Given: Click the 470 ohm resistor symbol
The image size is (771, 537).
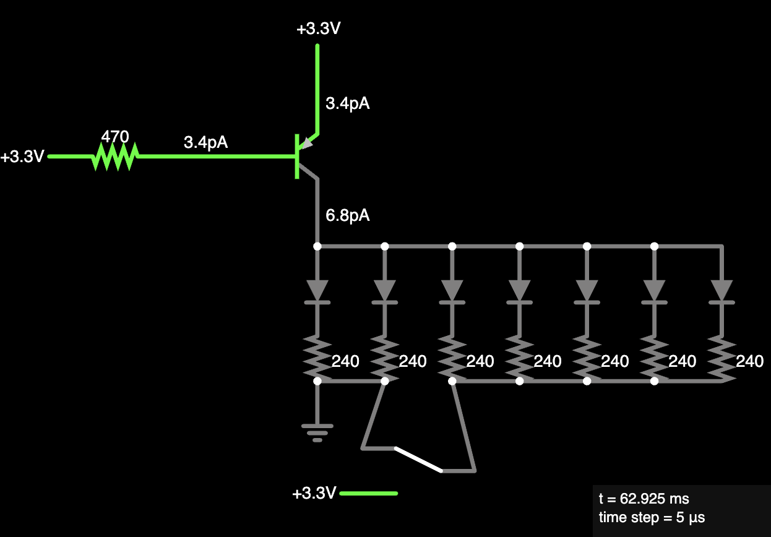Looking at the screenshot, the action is tap(115, 157).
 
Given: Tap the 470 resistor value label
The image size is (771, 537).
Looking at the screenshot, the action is tap(115, 137).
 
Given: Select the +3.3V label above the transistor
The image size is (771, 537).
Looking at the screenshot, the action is tap(319, 28).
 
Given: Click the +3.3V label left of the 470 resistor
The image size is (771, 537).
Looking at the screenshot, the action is tap(22, 157).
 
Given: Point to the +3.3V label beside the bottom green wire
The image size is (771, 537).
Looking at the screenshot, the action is tap(314, 493).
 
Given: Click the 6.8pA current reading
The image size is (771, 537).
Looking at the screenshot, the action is tap(347, 215).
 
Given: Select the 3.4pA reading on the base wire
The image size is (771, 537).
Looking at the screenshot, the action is tap(205, 142).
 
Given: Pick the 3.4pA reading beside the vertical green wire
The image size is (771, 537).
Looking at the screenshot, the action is tap(347, 103).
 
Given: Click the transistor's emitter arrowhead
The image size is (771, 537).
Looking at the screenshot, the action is tap(306, 144).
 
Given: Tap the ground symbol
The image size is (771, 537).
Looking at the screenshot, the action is tap(317, 433).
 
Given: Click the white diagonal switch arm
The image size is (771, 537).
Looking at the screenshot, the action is tap(418, 460).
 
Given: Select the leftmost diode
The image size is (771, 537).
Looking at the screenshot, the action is tap(317, 292).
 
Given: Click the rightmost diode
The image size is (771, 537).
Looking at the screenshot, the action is tap(721, 292).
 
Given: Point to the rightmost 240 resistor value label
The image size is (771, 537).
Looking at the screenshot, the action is tap(750, 361).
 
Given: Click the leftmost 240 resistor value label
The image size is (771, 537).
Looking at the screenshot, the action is tap(345, 361).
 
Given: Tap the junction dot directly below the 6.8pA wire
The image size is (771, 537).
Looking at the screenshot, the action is tap(317, 246).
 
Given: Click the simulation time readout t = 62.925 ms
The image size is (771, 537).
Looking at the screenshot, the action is tap(644, 499).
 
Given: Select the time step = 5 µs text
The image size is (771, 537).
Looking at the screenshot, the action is tap(652, 517).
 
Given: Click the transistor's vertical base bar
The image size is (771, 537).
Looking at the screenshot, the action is tap(296, 157).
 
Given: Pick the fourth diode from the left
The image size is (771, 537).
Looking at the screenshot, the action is tap(519, 292).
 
